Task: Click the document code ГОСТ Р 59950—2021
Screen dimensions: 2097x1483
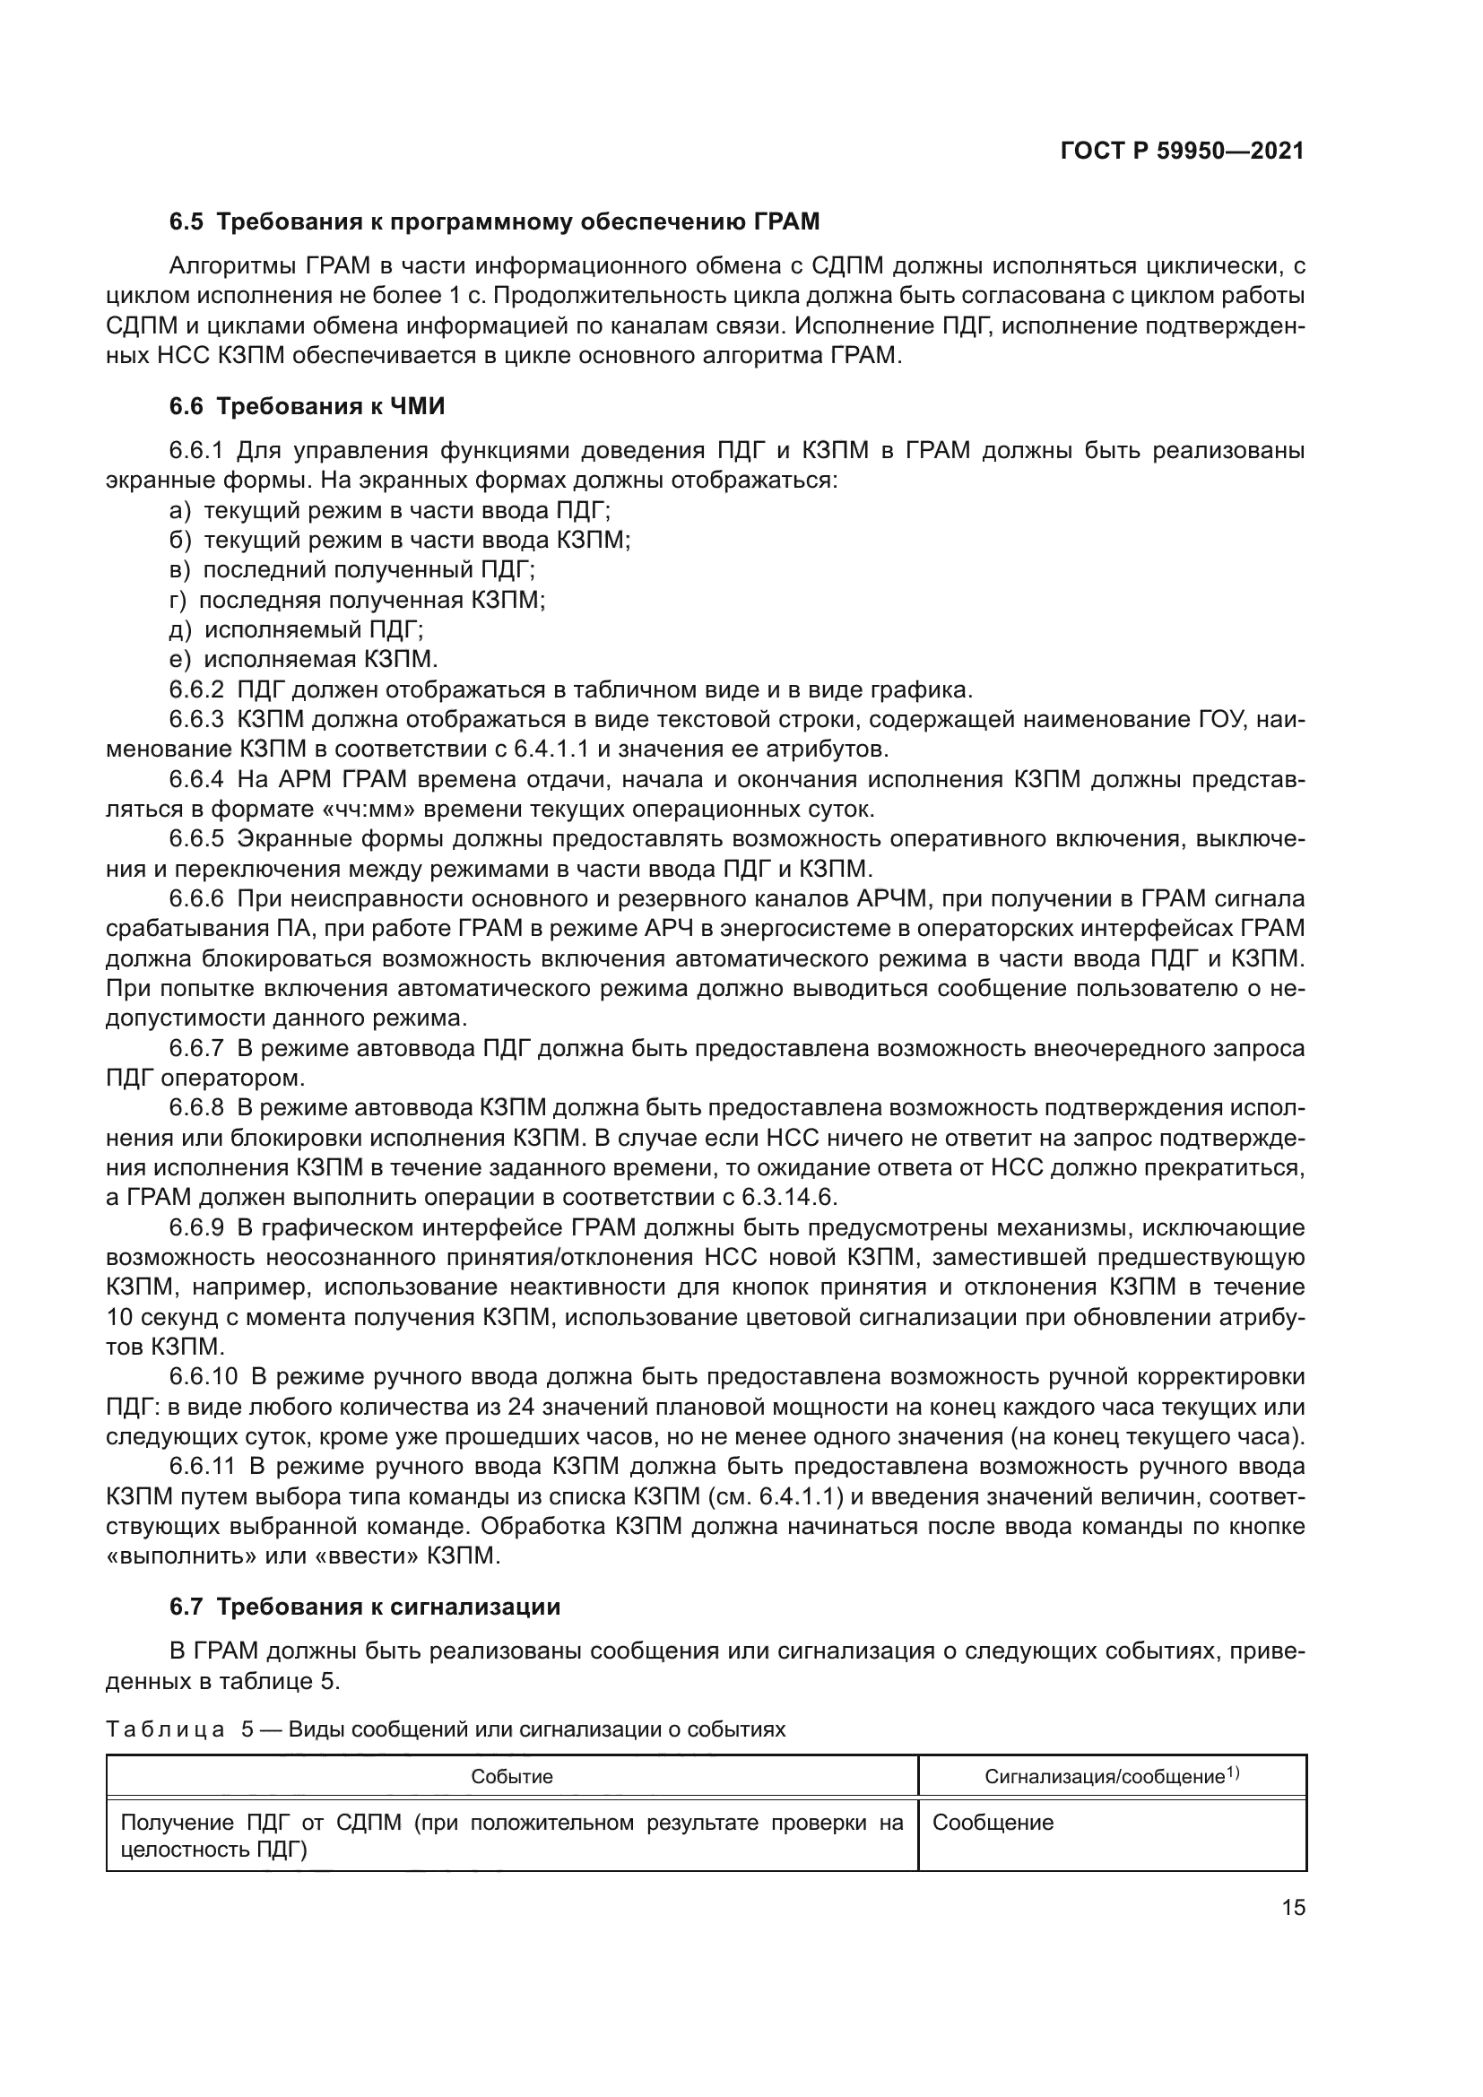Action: pyautogui.click(x=1182, y=152)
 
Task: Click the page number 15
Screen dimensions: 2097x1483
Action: pyautogui.click(x=1293, y=1907)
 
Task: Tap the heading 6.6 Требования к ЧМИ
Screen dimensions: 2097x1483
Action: pyautogui.click(x=307, y=406)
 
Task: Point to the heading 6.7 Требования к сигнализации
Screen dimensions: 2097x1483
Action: pyautogui.click(x=364, y=1607)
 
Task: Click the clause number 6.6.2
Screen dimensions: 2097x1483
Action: pyautogui.click(x=196, y=689)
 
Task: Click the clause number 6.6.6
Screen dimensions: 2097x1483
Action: pyautogui.click(x=196, y=898)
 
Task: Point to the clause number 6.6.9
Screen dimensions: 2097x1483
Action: pyautogui.click(x=196, y=1227)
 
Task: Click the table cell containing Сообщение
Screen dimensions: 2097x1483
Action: pyautogui.click(x=993, y=1823)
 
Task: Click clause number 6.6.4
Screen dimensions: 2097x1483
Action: pyautogui.click(x=196, y=779)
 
